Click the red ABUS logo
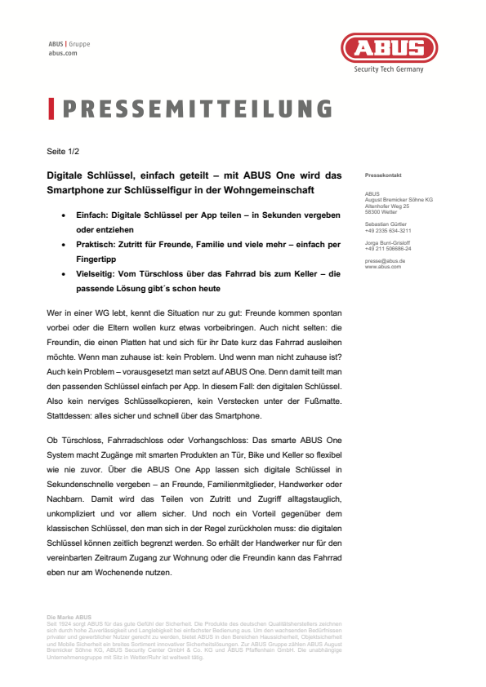388,48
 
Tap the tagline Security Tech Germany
388,70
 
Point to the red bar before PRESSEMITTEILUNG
51,109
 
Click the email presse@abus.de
385,260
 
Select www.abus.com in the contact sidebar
383,266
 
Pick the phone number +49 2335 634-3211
388,230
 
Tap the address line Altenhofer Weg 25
387,206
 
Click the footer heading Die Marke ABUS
69,617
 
